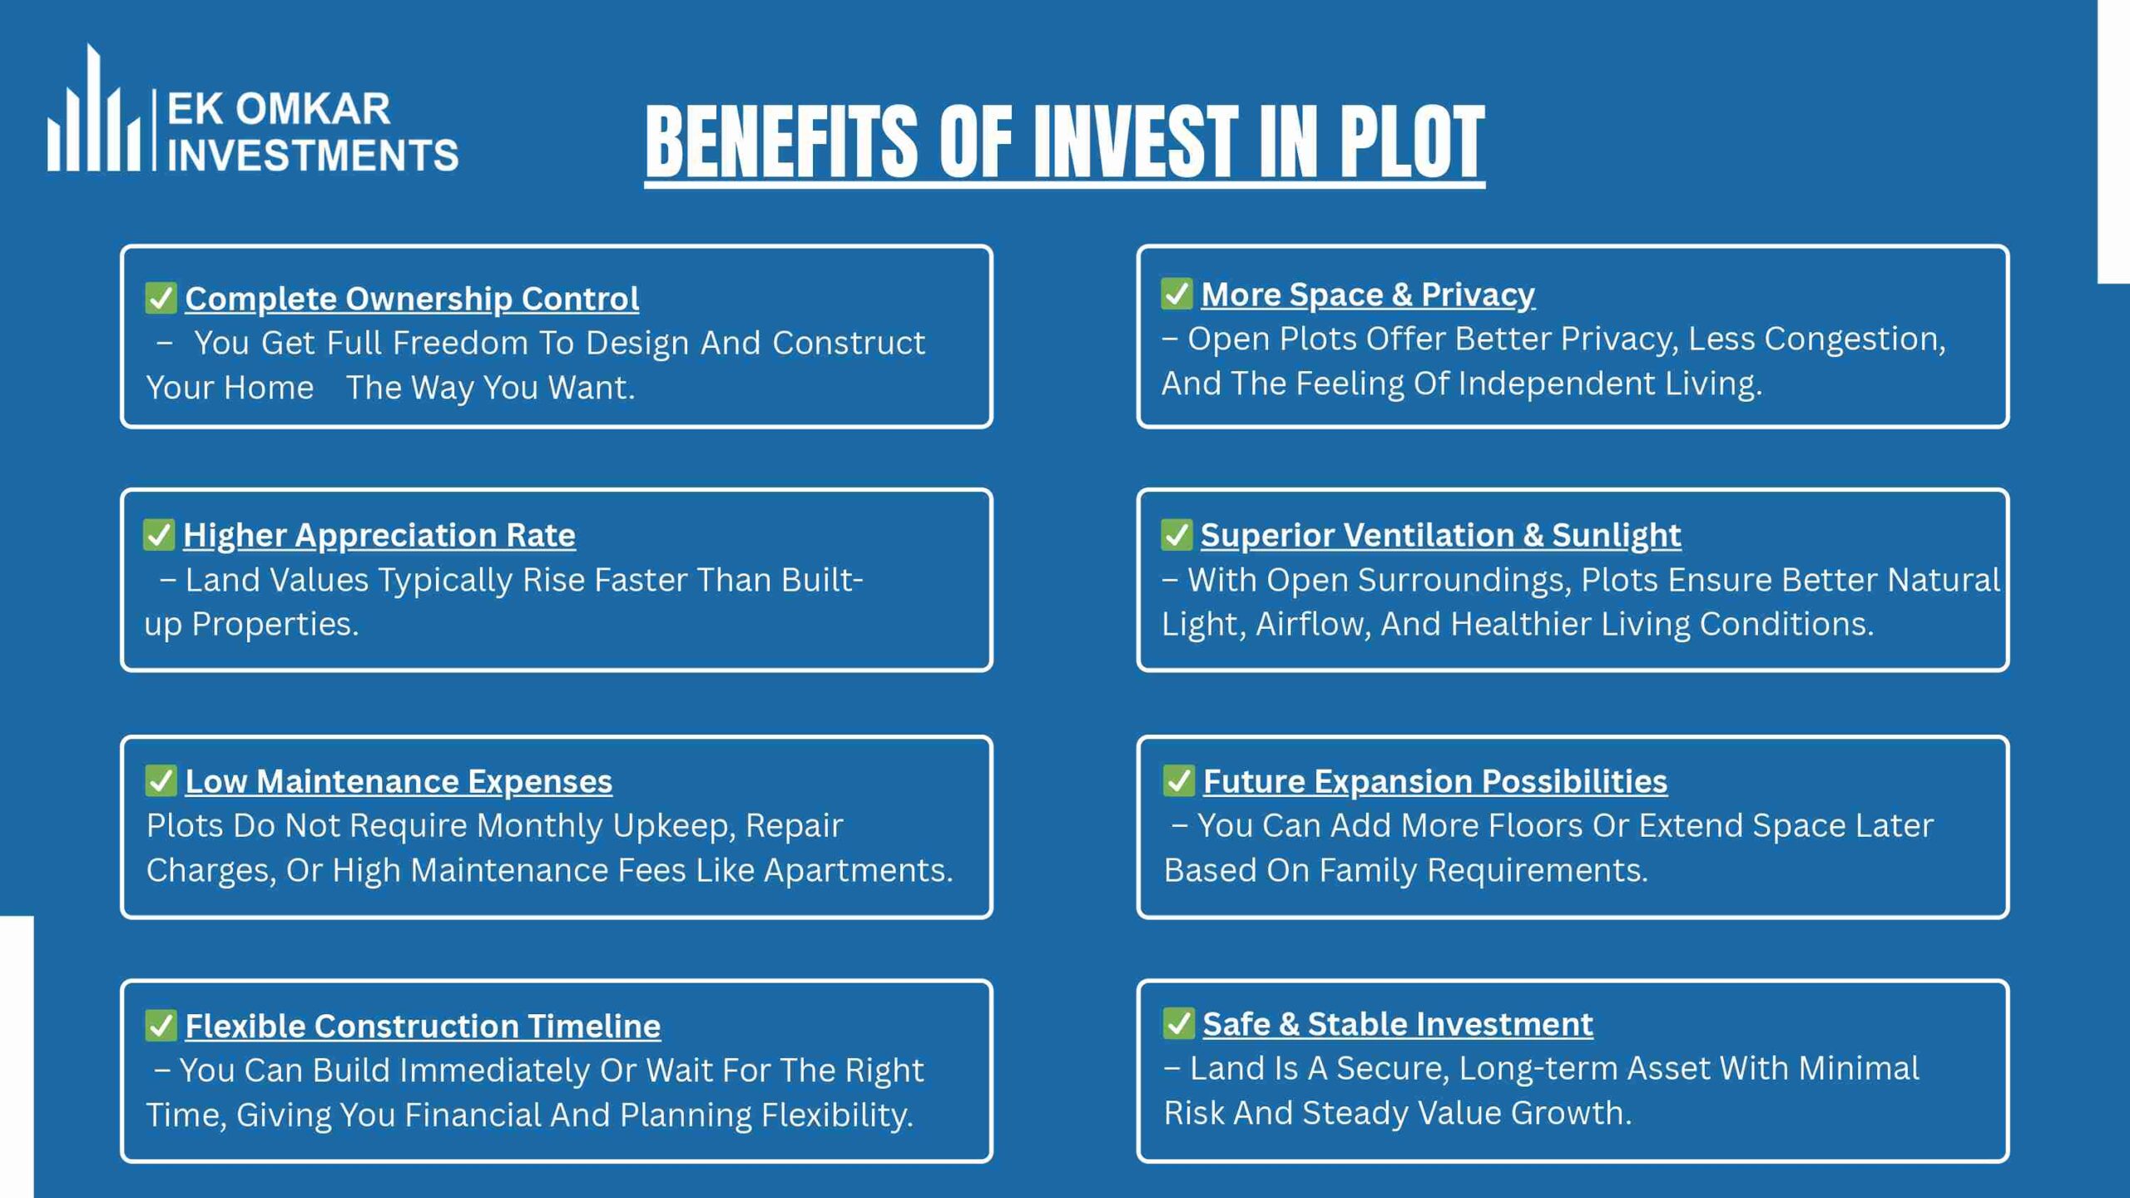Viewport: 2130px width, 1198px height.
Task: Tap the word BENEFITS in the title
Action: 781,142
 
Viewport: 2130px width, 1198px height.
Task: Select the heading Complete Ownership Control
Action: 412,299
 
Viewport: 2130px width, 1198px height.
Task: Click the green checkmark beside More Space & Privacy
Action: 1176,294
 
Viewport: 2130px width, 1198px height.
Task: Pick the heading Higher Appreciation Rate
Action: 379,535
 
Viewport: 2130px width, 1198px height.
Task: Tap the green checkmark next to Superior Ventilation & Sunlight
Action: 1176,535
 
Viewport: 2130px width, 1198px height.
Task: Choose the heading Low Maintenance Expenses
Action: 399,781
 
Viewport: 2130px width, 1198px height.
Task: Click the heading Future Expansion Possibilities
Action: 1435,781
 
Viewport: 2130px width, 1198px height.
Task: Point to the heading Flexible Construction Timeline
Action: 423,1026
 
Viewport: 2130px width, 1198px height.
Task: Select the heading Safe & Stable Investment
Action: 1398,1024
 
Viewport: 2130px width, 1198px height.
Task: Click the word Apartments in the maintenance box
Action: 858,870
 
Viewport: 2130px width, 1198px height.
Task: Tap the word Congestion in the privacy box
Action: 1855,339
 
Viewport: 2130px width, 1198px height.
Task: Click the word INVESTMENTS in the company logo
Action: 313,156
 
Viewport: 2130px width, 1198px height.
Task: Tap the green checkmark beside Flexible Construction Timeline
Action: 161,1026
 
